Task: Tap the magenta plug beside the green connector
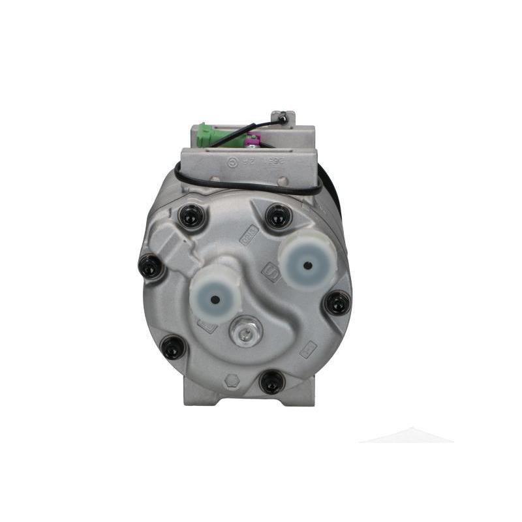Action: pos(253,139)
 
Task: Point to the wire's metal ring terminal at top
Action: pos(283,118)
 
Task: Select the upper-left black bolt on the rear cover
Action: pos(192,217)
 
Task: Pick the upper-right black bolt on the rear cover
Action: pos(279,216)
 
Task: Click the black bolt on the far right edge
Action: pos(337,302)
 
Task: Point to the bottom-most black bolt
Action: pos(271,382)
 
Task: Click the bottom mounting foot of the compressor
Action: pos(248,395)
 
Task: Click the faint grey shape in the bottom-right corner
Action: pos(408,435)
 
